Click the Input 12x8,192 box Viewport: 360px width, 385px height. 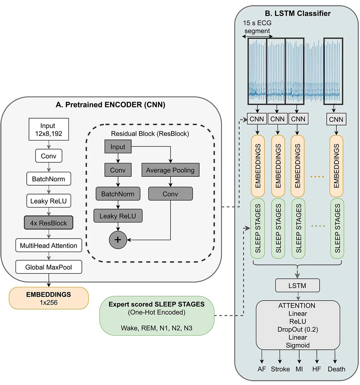click(x=49, y=129)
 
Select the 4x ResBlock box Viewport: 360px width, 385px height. click(x=49, y=223)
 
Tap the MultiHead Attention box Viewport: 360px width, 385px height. click(x=49, y=245)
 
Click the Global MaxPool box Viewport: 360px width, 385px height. click(x=49, y=267)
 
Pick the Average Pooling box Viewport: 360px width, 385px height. click(x=170, y=170)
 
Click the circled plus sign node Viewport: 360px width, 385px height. click(x=118, y=240)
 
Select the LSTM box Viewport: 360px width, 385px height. click(x=297, y=285)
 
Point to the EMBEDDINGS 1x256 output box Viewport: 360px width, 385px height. click(x=49, y=298)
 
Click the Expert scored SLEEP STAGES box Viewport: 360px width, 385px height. click(x=157, y=316)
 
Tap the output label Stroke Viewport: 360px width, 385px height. click(x=280, y=369)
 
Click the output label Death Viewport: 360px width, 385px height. click(x=336, y=369)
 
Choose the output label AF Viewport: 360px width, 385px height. click(x=262, y=369)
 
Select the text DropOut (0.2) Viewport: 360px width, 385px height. click(x=298, y=329)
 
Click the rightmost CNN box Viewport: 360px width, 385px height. click(x=336, y=119)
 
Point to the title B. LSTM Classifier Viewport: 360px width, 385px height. click(x=298, y=13)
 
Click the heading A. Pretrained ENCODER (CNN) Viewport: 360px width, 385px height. click(x=111, y=105)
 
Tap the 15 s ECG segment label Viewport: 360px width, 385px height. click(x=257, y=27)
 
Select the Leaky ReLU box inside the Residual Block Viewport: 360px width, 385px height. click(x=118, y=216)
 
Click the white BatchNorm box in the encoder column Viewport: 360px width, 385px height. click(x=49, y=178)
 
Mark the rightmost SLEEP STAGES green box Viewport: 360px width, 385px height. click(x=337, y=228)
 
